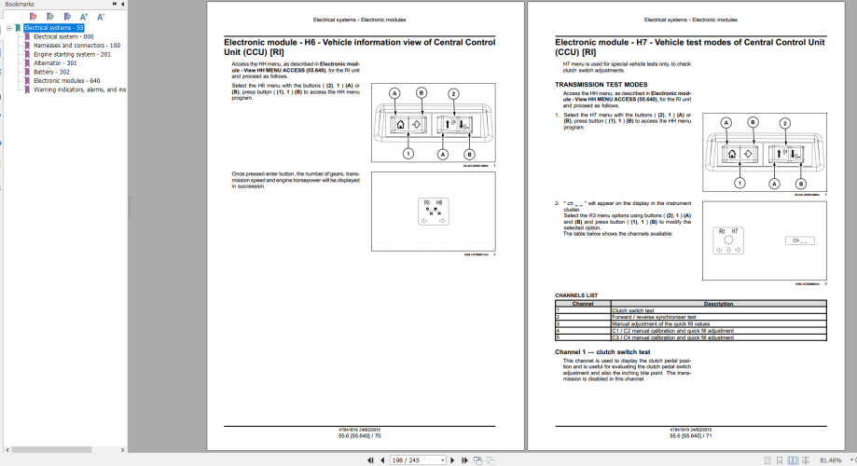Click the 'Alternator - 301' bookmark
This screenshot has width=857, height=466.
[x=55, y=62]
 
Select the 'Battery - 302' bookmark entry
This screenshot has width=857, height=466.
[x=51, y=72]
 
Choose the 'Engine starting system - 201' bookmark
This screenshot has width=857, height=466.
[x=72, y=54]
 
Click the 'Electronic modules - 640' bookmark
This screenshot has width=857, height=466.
[x=66, y=80]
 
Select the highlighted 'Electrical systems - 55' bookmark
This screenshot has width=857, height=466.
[x=54, y=28]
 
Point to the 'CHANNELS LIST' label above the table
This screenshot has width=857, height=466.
[x=576, y=295]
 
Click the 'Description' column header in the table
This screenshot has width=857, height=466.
[x=718, y=304]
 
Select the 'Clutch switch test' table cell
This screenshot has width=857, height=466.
[x=633, y=310]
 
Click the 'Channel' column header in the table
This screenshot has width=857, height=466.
[x=583, y=304]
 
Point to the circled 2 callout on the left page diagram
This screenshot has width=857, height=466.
[x=454, y=93]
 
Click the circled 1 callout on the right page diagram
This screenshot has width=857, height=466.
[x=740, y=183]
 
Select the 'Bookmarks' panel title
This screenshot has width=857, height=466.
[x=20, y=5]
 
